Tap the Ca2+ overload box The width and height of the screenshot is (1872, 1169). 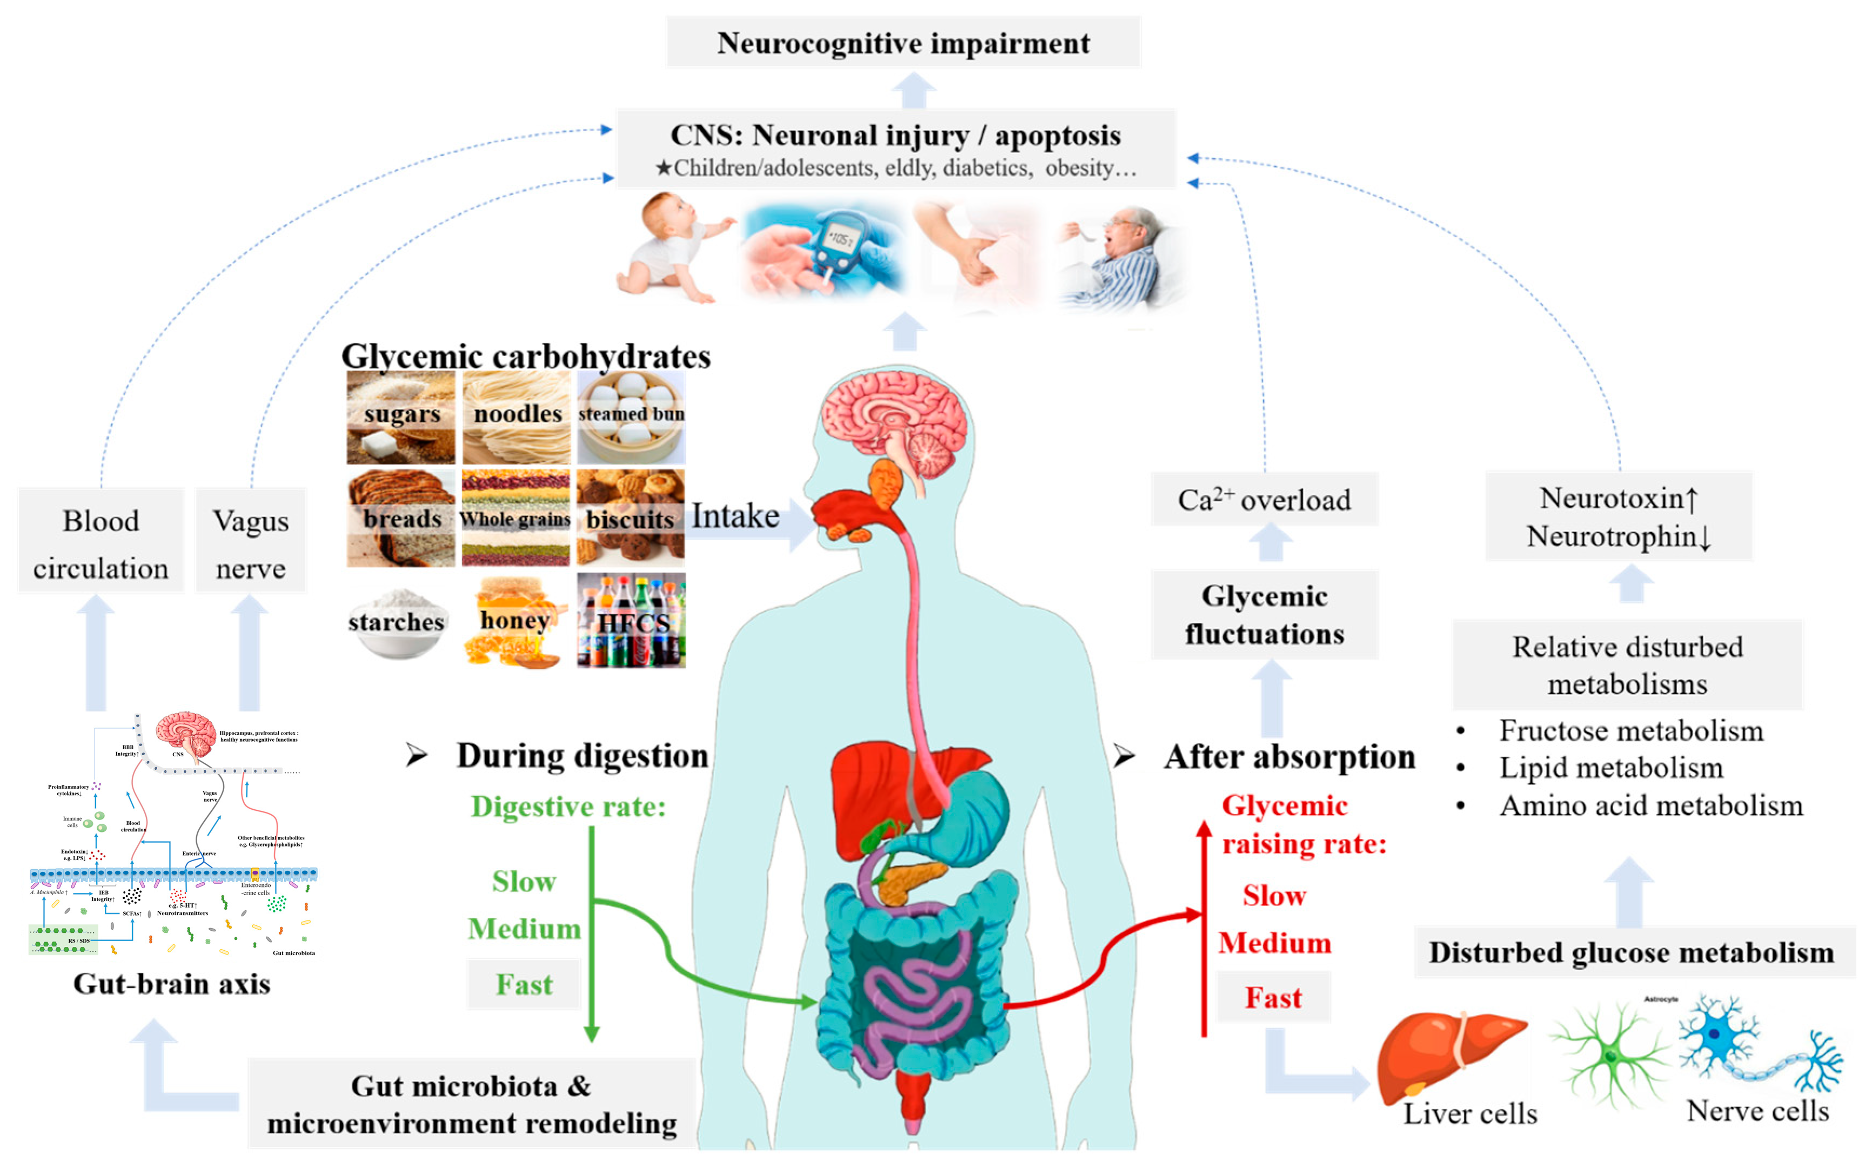[1264, 500]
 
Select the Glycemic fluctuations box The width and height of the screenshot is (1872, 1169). [1264, 615]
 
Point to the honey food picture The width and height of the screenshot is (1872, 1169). [514, 621]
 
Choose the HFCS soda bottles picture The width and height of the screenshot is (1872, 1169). [630, 621]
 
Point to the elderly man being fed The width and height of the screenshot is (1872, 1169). [1121, 255]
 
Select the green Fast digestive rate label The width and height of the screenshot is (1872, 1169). [524, 984]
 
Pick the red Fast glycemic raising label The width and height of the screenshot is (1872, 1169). [1273, 997]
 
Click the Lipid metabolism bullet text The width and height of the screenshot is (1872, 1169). [1611, 768]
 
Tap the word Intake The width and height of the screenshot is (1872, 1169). [735, 516]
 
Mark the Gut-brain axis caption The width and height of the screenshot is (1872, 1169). [172, 984]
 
